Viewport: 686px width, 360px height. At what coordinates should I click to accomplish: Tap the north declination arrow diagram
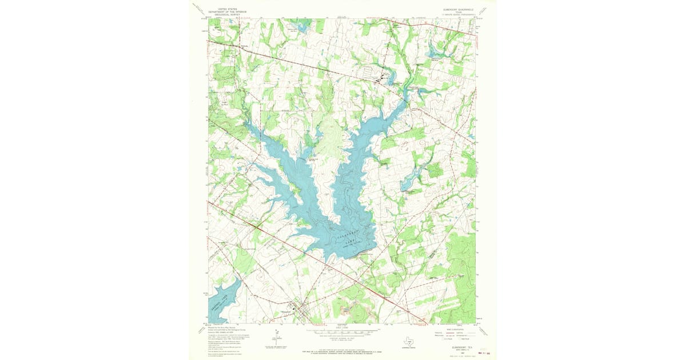click(x=268, y=341)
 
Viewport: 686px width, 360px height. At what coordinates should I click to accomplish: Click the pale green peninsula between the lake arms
click(x=326, y=137)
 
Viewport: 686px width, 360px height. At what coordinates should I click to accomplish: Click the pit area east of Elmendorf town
click(x=345, y=310)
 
